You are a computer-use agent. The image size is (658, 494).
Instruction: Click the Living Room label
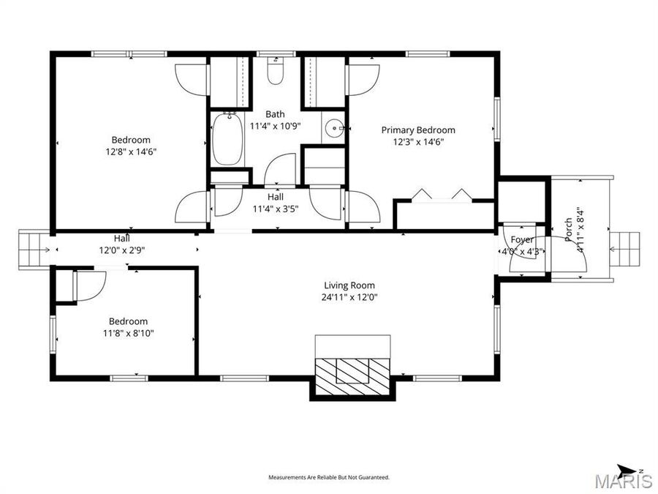[x=350, y=285]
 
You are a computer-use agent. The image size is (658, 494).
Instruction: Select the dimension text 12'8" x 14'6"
[x=131, y=151]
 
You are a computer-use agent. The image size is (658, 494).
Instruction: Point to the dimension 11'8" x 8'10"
[x=128, y=333]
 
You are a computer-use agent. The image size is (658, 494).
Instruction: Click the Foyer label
[x=521, y=240]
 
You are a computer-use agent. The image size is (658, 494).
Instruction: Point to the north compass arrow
[x=628, y=469]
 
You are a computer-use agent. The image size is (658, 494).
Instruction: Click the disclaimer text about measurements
[x=329, y=477]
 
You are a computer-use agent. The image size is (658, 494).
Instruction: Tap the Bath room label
[x=275, y=114]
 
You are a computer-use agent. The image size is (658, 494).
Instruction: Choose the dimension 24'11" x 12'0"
[x=350, y=297]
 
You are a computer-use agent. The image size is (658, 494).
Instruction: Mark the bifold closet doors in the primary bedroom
[x=442, y=195]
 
